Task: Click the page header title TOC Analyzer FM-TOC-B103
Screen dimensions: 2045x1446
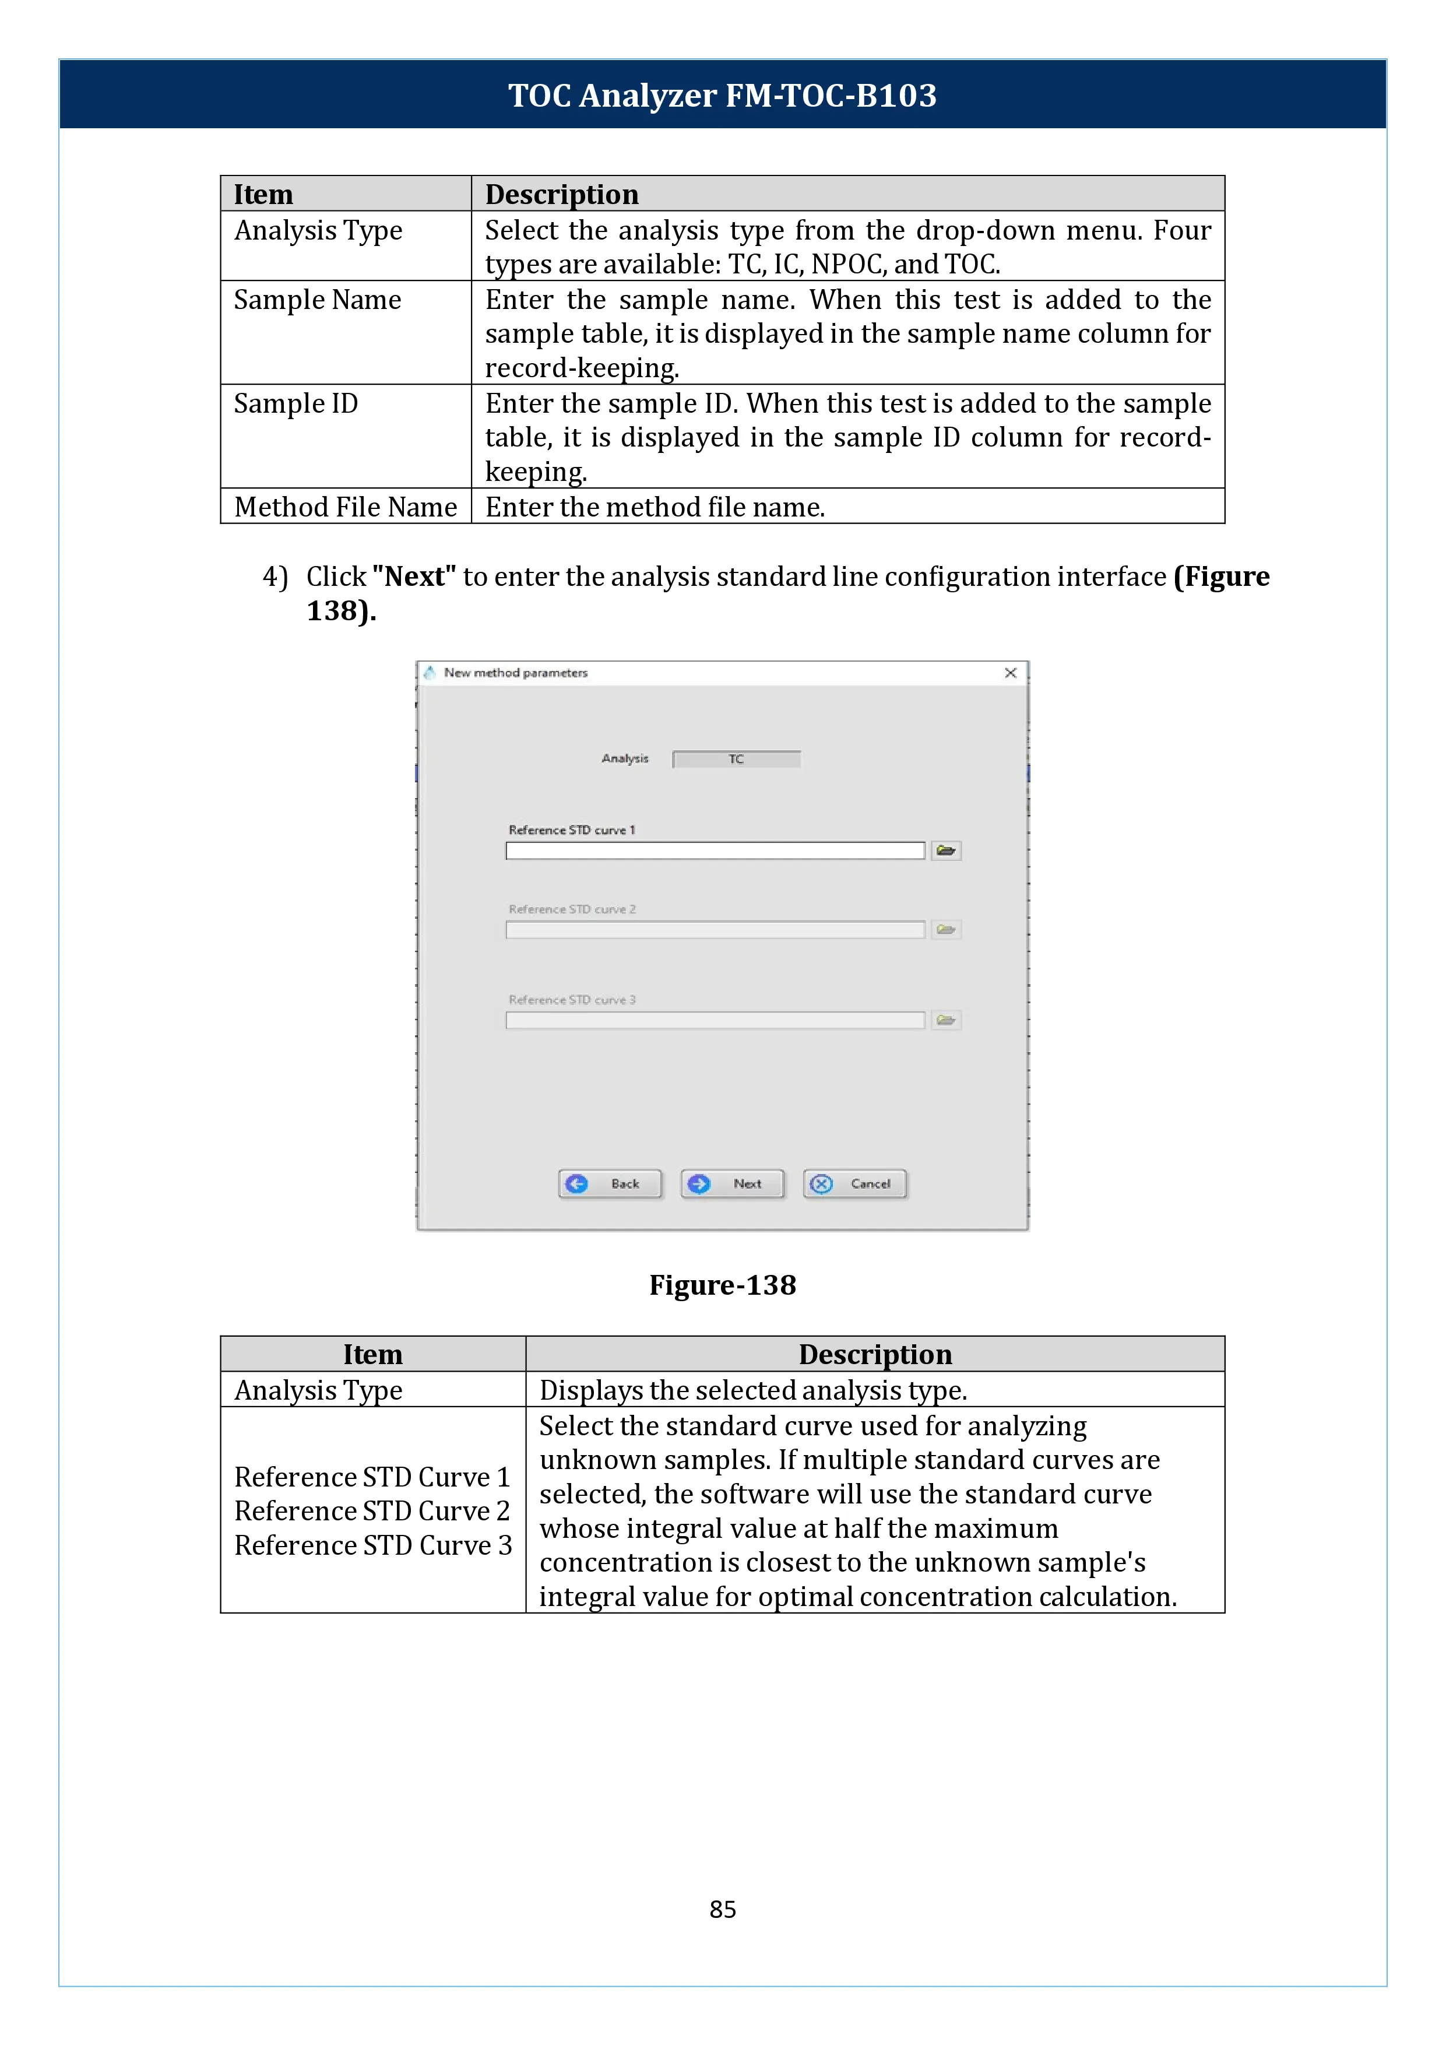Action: click(x=722, y=95)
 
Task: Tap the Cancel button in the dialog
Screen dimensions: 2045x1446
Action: click(x=855, y=1184)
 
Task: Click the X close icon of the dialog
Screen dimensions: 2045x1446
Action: click(x=1011, y=673)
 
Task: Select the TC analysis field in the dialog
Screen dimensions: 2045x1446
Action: click(x=736, y=759)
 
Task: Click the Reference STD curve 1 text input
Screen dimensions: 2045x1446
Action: click(x=715, y=851)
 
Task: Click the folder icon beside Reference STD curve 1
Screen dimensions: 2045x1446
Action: click(x=945, y=851)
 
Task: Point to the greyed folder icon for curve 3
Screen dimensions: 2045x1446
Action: click(x=945, y=1020)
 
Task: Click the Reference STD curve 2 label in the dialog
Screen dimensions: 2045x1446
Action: click(x=572, y=909)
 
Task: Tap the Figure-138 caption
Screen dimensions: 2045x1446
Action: click(x=722, y=1285)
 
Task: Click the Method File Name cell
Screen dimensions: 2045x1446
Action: click(x=346, y=507)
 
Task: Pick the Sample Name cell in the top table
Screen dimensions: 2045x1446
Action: click(x=317, y=300)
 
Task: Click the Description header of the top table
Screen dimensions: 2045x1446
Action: click(x=562, y=194)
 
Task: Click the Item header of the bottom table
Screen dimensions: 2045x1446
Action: click(x=372, y=1355)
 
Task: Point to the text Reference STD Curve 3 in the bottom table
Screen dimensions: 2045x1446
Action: click(x=373, y=1545)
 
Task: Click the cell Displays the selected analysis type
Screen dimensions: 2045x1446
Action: click(x=752, y=1390)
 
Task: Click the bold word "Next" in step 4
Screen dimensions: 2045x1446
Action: click(x=414, y=577)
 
